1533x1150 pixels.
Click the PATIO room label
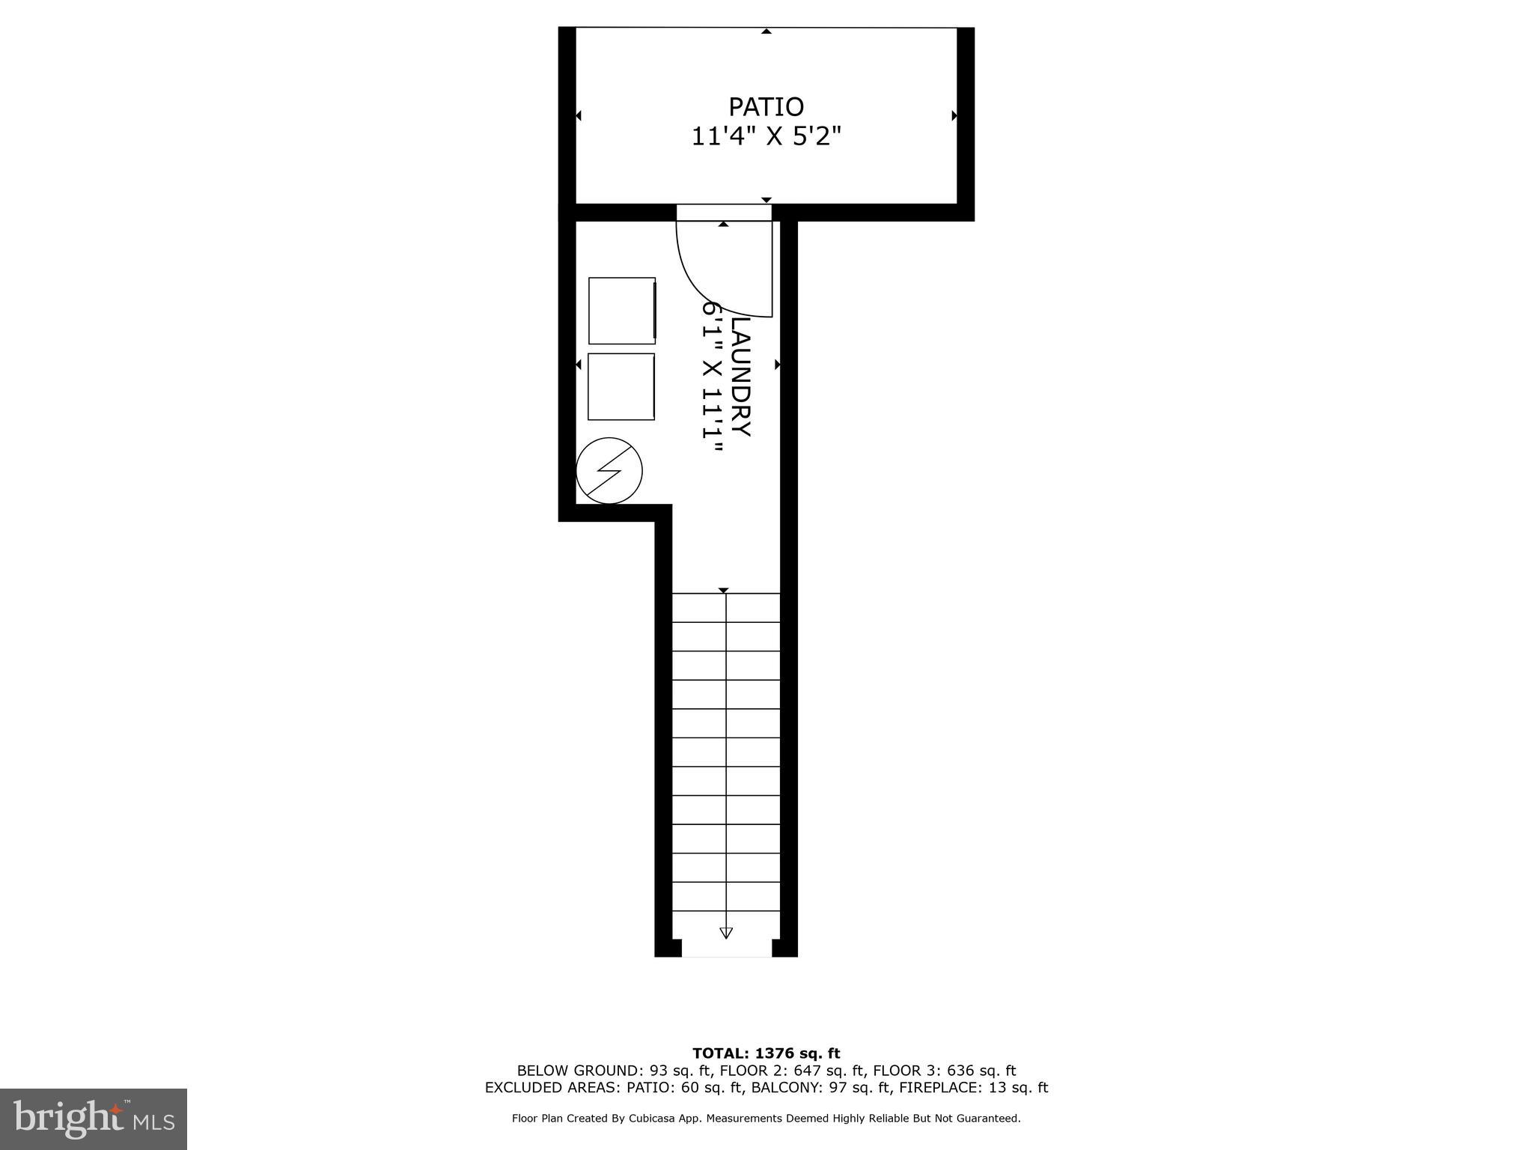point(766,107)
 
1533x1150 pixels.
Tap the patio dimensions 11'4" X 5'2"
point(766,137)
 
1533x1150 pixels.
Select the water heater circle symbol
point(609,470)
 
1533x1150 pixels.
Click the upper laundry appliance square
point(622,311)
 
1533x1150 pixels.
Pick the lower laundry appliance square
point(621,386)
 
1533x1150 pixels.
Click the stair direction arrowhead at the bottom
point(725,933)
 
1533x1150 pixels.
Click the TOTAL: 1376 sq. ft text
point(766,1053)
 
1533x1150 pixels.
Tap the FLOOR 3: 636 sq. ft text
point(944,1071)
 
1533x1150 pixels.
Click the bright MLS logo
point(94,1119)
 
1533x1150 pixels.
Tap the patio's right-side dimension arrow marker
point(954,115)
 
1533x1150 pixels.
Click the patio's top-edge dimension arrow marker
point(766,31)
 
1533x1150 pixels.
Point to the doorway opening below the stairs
point(726,949)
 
